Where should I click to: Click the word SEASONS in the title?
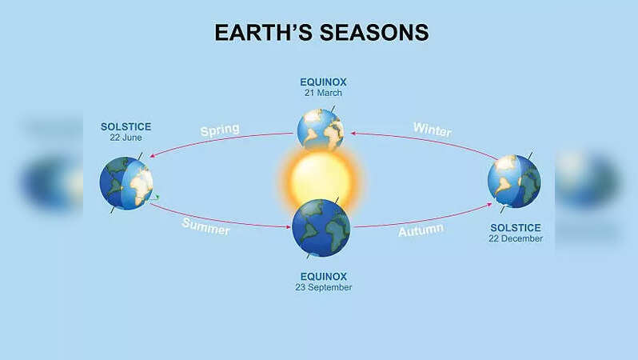coord(374,33)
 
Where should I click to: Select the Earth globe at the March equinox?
coord(321,129)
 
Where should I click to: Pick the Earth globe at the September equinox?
coord(321,228)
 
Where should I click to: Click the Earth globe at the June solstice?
coord(126,183)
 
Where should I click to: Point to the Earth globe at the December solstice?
coord(514,182)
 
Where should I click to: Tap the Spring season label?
coord(220,130)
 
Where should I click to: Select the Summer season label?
coord(206,226)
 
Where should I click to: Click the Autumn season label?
coord(421,230)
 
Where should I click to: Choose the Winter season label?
coord(432,129)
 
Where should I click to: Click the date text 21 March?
coord(323,93)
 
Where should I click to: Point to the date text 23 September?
coord(324,287)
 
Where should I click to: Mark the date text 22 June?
coord(126,138)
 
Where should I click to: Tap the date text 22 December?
coord(516,238)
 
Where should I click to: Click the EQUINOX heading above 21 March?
coord(323,82)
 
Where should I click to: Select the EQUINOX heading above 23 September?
coord(324,277)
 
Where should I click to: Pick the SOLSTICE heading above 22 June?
coord(126,126)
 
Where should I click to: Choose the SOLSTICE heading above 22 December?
coord(516,228)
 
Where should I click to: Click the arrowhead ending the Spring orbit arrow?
coord(152,155)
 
